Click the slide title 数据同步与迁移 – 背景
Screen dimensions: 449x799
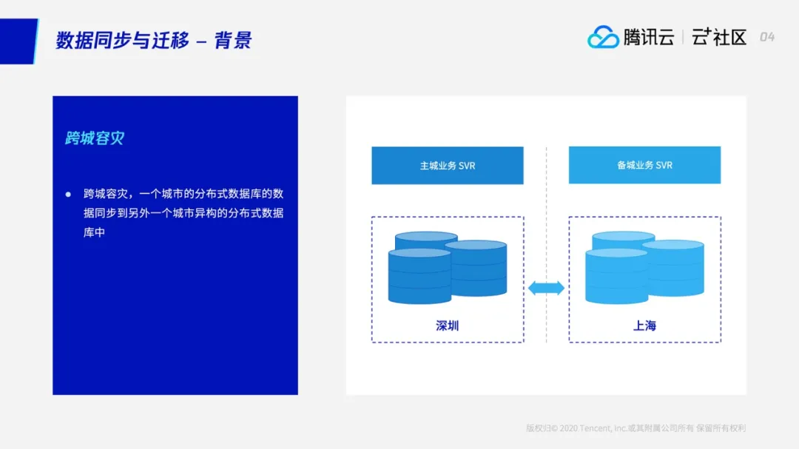click(154, 40)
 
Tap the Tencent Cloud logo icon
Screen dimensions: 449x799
click(603, 37)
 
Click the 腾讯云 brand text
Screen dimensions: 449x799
click(649, 37)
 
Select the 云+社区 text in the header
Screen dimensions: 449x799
click(719, 37)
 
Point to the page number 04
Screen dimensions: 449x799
click(767, 37)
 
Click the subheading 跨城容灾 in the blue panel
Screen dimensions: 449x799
click(95, 138)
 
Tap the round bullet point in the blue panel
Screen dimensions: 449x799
click(68, 194)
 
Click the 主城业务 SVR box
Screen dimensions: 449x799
click(448, 166)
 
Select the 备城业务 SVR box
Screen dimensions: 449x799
click(644, 166)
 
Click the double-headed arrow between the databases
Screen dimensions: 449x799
click(546, 288)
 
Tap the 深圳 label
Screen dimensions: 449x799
click(448, 325)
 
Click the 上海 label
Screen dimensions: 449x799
click(644, 325)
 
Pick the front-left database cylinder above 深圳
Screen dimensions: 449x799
click(419, 277)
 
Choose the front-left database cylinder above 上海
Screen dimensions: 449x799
click(616, 277)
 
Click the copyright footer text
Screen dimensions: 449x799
click(636, 428)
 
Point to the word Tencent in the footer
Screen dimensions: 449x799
click(596, 428)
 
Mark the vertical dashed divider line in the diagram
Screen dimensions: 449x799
click(546, 222)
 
